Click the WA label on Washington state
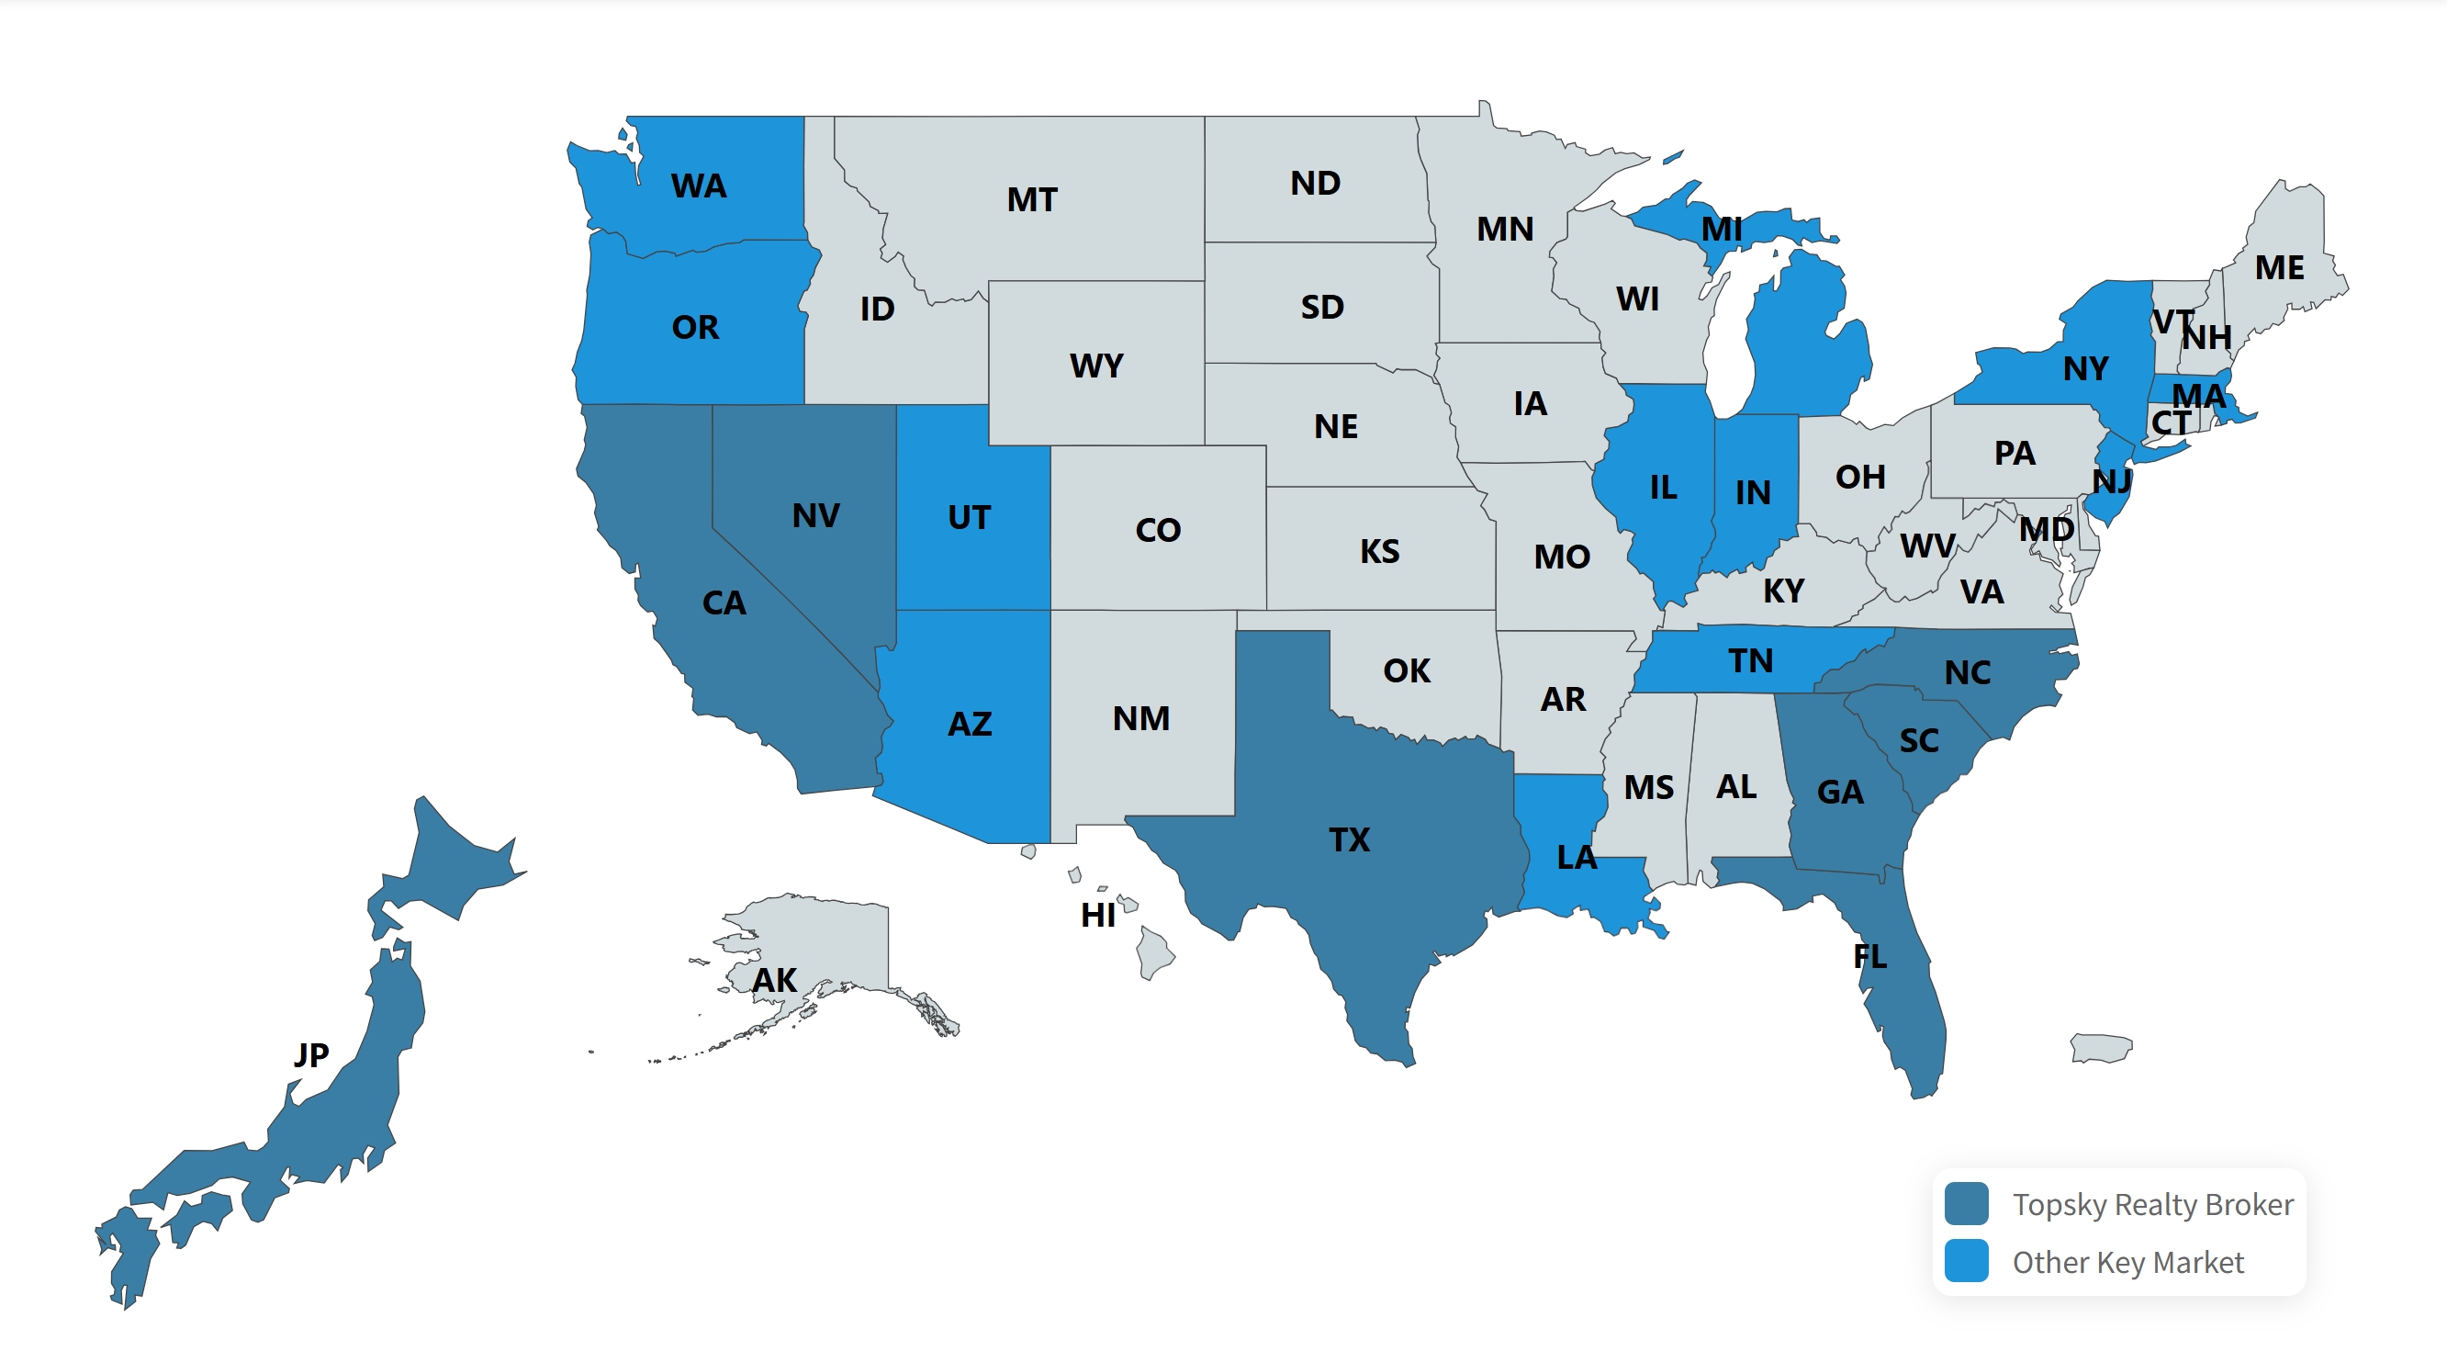pyautogui.click(x=698, y=186)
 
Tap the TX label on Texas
pyautogui.click(x=1349, y=839)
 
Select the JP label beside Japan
pyautogui.click(x=310, y=1053)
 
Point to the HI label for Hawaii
pyautogui.click(x=1098, y=914)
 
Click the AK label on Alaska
pyautogui.click(x=774, y=980)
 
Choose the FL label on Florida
pyautogui.click(x=1869, y=956)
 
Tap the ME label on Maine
pyautogui.click(x=2279, y=267)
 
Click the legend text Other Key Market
pyautogui.click(x=2127, y=1262)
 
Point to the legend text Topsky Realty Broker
pyautogui.click(x=2152, y=1204)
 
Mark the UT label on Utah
pyautogui.click(x=969, y=517)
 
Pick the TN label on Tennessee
pyautogui.click(x=1750, y=660)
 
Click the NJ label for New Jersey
pyautogui.click(x=2112, y=480)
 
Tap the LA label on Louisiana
pyautogui.click(x=1577, y=857)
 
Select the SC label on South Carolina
pyautogui.click(x=1919, y=740)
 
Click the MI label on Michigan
pyautogui.click(x=1722, y=228)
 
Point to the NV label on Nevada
pyautogui.click(x=815, y=515)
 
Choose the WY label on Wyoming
pyautogui.click(x=1096, y=365)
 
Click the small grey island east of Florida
pyautogui.click(x=2101, y=1048)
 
